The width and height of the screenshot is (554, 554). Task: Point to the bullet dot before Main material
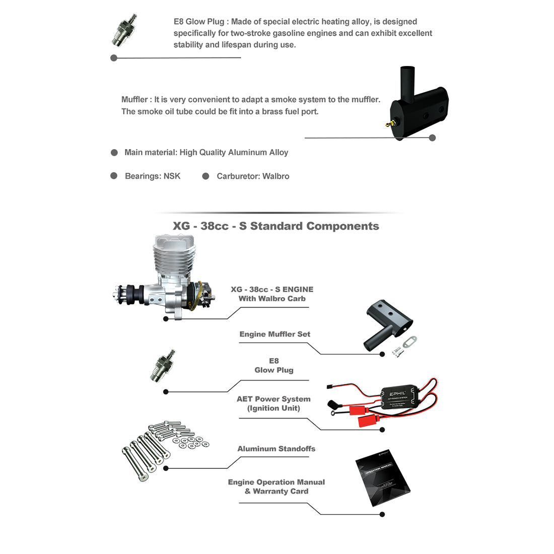(114, 153)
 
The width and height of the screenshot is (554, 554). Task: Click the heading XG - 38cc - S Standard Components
(275, 226)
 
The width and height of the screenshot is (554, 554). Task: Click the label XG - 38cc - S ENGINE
(272, 290)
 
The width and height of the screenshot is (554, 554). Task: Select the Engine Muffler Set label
(274, 334)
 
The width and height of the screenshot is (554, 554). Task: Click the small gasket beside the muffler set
(411, 342)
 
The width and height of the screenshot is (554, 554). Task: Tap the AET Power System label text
(273, 399)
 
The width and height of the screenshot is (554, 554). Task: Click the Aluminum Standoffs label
(276, 449)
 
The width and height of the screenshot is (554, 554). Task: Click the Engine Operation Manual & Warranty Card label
(276, 487)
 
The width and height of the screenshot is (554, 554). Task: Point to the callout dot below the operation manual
(382, 514)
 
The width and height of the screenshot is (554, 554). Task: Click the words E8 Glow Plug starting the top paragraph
(201, 22)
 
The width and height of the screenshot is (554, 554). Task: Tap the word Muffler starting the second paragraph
(134, 100)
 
